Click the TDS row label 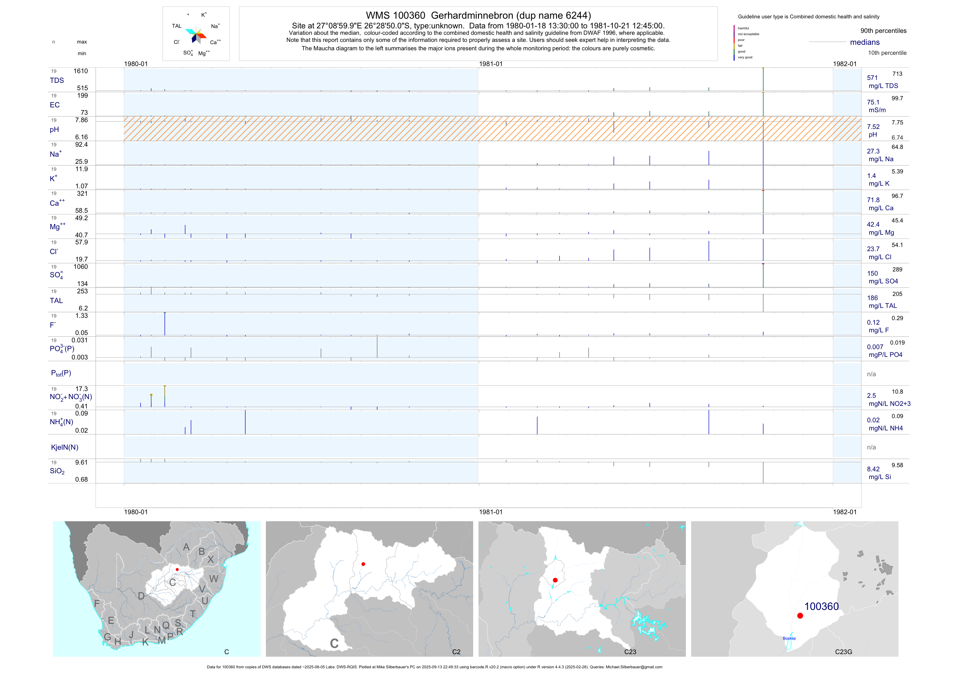pyautogui.click(x=57, y=81)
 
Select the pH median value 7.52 pyautogui.click(x=873, y=127)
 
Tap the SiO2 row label pyautogui.click(x=57, y=471)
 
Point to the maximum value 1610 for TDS pyautogui.click(x=81, y=71)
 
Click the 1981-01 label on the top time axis pyautogui.click(x=491, y=64)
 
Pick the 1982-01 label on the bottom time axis pyautogui.click(x=845, y=512)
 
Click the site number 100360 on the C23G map pyautogui.click(x=821, y=606)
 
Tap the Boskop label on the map pyautogui.click(x=789, y=638)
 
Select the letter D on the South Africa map pyautogui.click(x=141, y=596)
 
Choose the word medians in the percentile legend pyautogui.click(x=865, y=42)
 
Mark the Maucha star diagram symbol pyautogui.click(x=195, y=35)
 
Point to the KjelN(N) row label pyautogui.click(x=64, y=447)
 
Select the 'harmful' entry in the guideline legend pyautogui.click(x=743, y=28)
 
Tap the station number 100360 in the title pyautogui.click(x=409, y=15)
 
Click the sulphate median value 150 pyautogui.click(x=872, y=273)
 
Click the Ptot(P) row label pyautogui.click(x=61, y=373)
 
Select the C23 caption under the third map pyautogui.click(x=630, y=652)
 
